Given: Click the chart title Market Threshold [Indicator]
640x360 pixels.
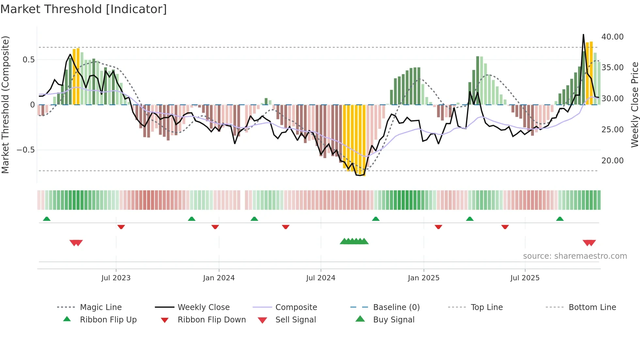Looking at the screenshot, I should point(84,9).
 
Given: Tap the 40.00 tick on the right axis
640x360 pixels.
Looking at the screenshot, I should point(612,37).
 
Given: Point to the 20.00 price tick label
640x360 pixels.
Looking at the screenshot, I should point(612,161).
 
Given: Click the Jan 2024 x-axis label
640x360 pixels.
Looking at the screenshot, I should point(219,278).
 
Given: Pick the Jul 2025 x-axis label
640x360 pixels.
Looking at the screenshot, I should point(525,278).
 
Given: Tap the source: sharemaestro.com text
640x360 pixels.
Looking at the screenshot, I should point(575,256).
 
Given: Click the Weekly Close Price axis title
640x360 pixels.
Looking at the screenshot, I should point(634,105).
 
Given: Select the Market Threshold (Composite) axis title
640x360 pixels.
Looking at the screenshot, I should point(5,105).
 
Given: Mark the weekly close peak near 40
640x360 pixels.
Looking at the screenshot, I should point(583,35).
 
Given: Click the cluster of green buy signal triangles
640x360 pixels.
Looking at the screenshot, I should point(354,242).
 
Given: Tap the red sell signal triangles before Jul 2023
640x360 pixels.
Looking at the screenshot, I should point(76,243).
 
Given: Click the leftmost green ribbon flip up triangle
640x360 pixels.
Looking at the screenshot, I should point(47,219).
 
